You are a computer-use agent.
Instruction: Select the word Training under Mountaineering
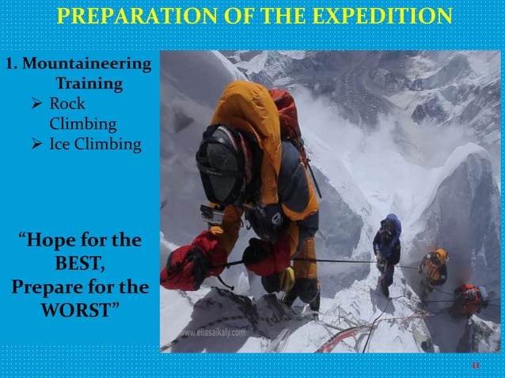[89, 83]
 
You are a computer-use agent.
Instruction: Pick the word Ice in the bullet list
[62, 145]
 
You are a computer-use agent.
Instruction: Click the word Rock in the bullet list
[67, 104]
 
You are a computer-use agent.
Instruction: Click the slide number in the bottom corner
[476, 365]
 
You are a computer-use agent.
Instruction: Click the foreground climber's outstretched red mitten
[184, 266]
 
